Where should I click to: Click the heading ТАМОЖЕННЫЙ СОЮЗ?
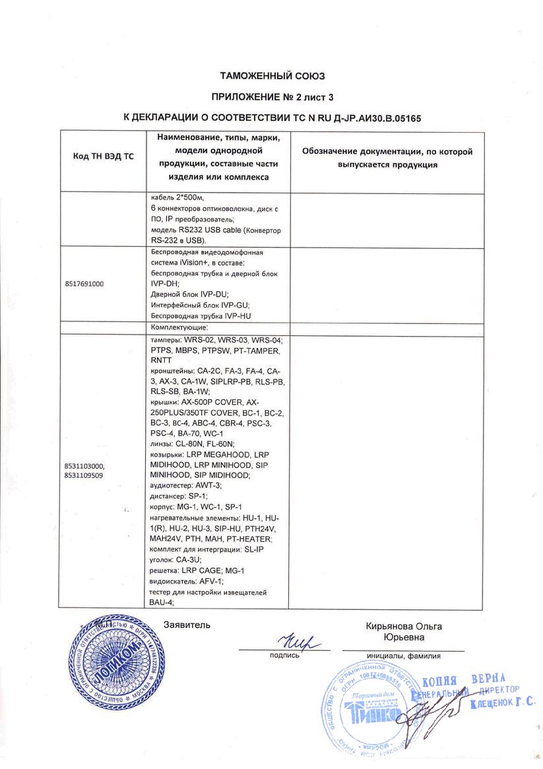pos(272,76)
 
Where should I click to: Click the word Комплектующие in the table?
pos(179,327)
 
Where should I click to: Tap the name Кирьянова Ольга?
pos(404,626)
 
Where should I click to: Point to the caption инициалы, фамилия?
pos(403,655)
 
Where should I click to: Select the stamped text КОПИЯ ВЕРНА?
pos(463,680)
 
